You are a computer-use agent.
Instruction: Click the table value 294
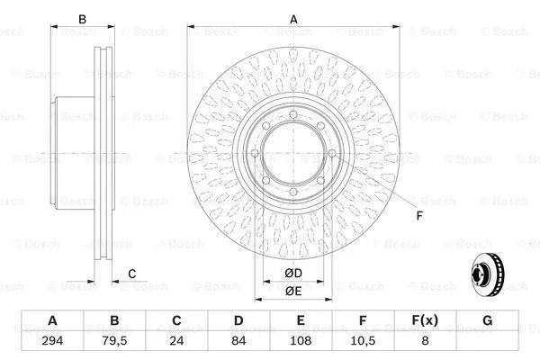(52, 341)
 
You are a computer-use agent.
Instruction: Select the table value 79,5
(114, 341)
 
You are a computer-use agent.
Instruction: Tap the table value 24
(176, 341)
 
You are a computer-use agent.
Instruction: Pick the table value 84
(238, 341)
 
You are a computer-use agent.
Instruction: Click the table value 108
(301, 341)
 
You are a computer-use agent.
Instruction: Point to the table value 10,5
(363, 341)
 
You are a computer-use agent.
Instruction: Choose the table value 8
(426, 341)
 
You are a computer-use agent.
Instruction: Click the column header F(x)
(425, 320)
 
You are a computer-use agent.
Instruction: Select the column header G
(487, 320)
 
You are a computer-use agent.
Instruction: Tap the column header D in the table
(238, 320)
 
